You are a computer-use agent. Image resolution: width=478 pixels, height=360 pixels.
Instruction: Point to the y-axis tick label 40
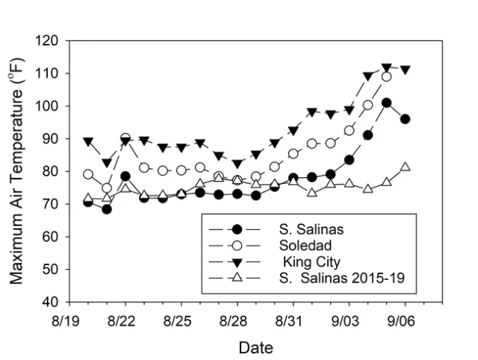click(52, 302)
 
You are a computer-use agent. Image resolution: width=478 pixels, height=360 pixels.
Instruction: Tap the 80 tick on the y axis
click(52, 171)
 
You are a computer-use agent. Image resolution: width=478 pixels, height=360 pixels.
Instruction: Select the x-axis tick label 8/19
click(69, 318)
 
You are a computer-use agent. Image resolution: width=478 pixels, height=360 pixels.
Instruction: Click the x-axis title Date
click(255, 347)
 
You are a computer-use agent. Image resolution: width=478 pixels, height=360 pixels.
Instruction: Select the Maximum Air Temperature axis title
click(16, 172)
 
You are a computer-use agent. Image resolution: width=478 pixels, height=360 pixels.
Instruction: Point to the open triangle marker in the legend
click(237, 279)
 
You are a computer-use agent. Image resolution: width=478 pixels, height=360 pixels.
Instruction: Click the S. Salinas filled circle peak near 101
click(387, 103)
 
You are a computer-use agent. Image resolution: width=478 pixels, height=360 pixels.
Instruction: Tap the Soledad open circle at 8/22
click(125, 138)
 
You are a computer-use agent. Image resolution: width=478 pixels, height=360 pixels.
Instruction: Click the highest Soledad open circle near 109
click(387, 76)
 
